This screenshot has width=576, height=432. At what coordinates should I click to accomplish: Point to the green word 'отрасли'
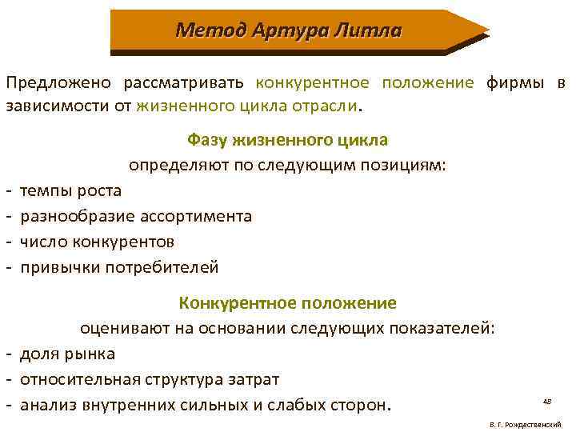329,106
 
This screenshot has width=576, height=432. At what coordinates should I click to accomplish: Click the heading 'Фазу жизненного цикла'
287,140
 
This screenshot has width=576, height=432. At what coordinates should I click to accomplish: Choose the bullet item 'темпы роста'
70,190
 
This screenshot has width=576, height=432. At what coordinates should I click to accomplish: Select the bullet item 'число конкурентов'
97,241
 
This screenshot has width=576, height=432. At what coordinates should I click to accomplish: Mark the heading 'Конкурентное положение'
287,303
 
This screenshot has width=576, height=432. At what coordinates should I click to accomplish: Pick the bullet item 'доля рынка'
67,353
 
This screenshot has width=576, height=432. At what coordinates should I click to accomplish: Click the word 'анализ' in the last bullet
48,403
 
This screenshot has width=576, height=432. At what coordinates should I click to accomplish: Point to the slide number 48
547,400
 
